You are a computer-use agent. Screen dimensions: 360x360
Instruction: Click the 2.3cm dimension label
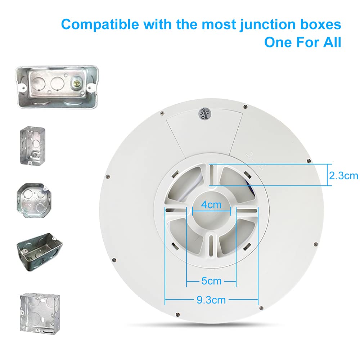click(343, 175)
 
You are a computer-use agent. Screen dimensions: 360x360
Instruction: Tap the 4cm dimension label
click(211, 205)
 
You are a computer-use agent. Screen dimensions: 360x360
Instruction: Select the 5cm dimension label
click(211, 281)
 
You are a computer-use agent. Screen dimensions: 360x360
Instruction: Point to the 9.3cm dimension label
click(211, 300)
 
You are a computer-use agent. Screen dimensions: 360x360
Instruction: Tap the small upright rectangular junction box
click(32, 145)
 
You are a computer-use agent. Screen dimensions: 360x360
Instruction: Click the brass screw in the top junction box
click(77, 84)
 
